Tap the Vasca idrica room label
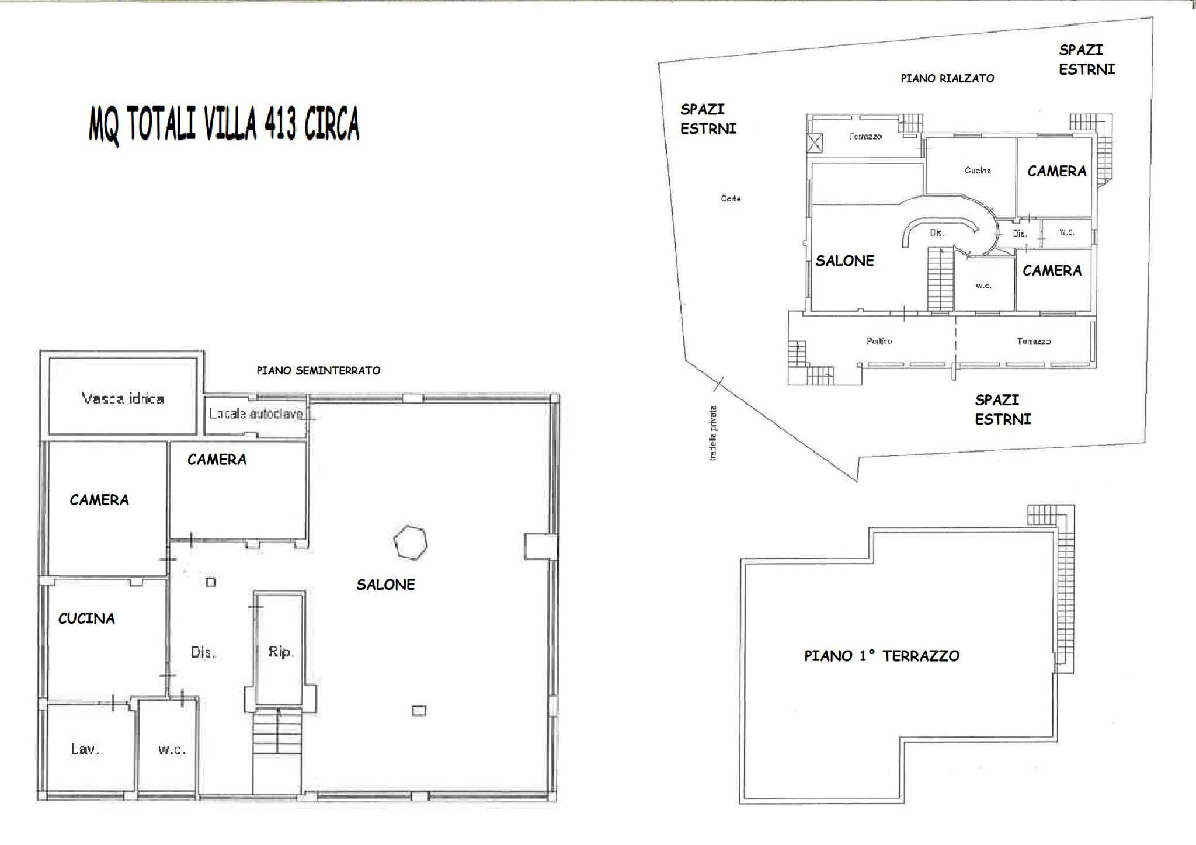pos(123,399)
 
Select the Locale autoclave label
pos(256,414)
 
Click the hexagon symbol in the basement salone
pos(410,543)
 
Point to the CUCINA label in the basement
pos(86,618)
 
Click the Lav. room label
pos(85,749)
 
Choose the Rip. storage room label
pos(280,652)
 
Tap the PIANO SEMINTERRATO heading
pos(318,370)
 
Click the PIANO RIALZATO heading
pos(947,78)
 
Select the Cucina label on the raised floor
pos(978,171)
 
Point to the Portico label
pos(879,341)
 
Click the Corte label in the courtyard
pos(731,199)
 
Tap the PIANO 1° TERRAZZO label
pos(881,656)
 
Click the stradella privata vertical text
pos(713,433)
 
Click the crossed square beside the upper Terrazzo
pos(815,142)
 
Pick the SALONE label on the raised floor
pos(844,261)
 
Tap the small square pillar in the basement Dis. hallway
pos(211,582)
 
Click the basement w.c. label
pos(172,749)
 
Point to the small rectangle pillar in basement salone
pos(419,711)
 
